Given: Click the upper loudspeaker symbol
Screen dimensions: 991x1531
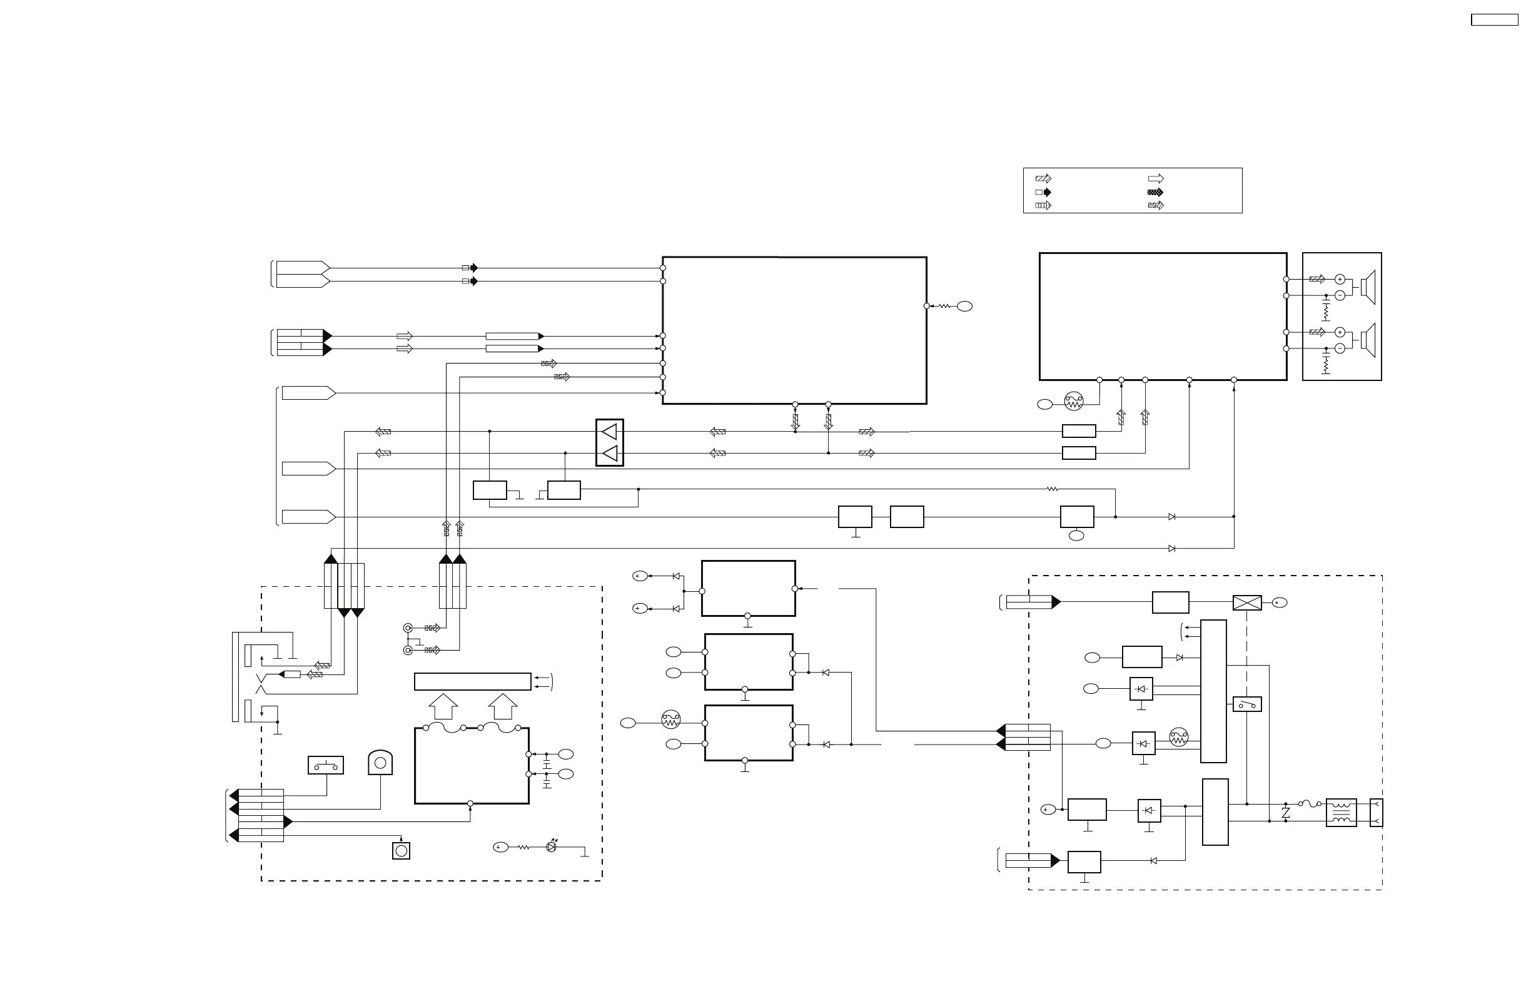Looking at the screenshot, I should pos(1368,288).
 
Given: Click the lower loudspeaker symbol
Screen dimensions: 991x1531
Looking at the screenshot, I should pos(1368,340).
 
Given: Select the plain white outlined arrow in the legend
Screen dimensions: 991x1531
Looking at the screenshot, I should pos(1155,179).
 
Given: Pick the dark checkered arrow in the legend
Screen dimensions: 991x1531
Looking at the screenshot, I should pos(1155,193).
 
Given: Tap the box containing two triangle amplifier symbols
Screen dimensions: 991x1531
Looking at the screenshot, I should pos(609,442).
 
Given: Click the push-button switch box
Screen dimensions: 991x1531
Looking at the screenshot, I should pos(325,765).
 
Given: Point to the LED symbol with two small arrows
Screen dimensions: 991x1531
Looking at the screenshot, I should pos(551,847).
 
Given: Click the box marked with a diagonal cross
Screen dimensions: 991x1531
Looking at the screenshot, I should pos(1246,603).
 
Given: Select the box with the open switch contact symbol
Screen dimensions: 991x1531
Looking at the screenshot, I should pos(1246,704).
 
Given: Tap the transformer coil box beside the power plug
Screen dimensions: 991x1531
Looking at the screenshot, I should pos(1342,813).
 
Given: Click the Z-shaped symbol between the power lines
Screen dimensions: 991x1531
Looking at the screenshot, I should pos(1286,813).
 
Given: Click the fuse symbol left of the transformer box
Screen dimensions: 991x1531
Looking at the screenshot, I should pos(1309,804).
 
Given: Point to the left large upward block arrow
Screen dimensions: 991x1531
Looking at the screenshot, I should pos(443,706).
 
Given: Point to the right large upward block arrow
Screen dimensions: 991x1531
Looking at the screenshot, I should pos(502,706).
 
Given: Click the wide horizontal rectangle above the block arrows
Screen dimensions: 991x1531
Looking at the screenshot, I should pos(472,681).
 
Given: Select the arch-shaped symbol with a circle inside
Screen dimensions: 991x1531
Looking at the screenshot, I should pos(380,763).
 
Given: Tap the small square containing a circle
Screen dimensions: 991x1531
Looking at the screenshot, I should pos(402,851).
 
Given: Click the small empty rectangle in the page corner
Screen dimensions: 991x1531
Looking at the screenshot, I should pos(1494,20).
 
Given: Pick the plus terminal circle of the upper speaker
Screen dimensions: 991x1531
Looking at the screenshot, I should pos(1340,279).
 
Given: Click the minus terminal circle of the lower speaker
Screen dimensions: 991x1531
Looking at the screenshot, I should pos(1340,348).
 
